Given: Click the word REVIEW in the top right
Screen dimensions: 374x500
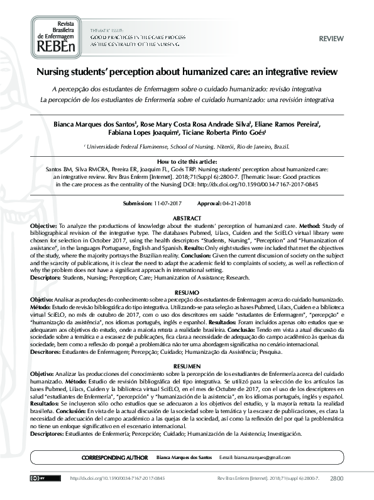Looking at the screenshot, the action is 331,38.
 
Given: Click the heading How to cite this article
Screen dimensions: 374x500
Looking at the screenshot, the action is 187,162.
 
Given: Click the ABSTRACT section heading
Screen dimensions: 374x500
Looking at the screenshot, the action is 187,218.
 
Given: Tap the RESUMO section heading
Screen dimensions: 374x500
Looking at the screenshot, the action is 187,293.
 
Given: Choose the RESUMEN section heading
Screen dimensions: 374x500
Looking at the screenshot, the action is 187,366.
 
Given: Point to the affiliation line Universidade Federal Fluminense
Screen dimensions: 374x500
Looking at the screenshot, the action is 187,146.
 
